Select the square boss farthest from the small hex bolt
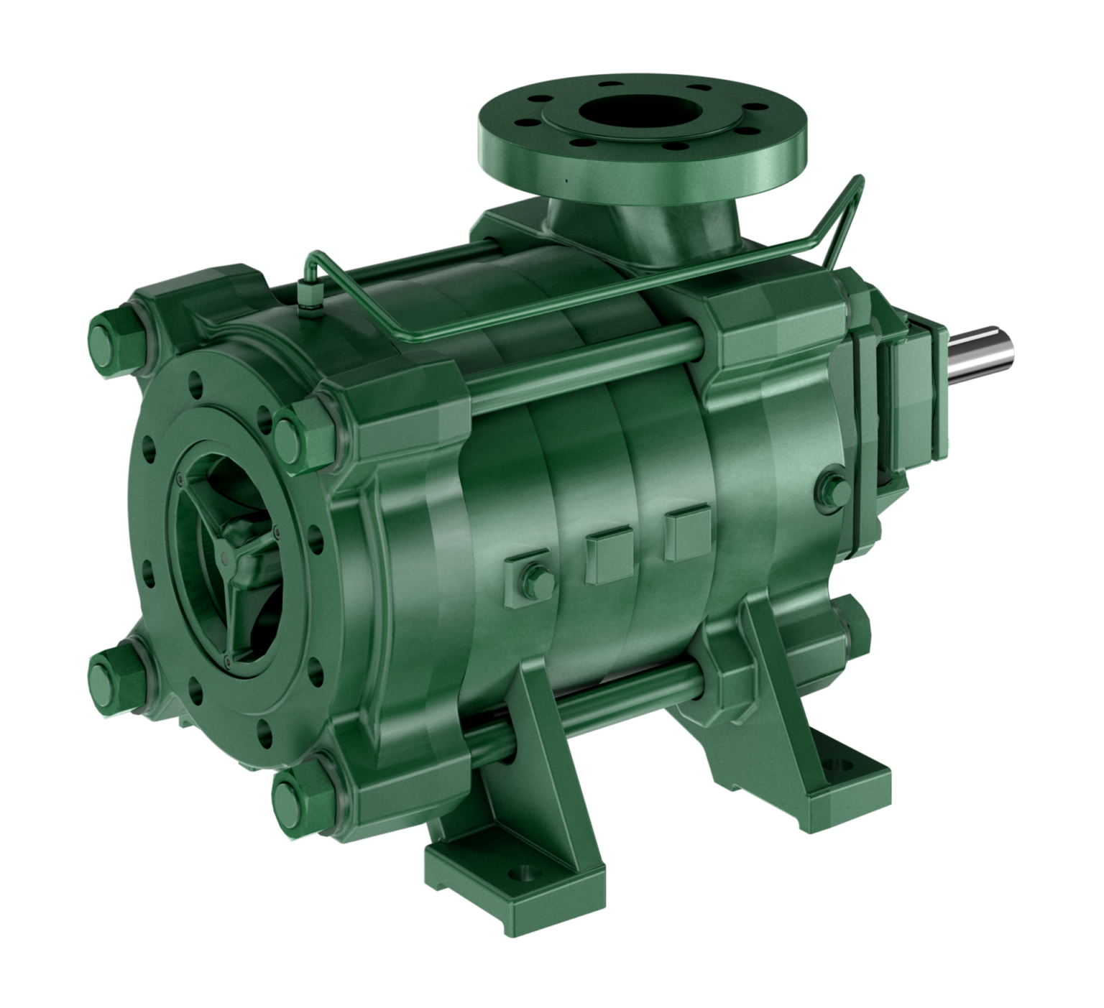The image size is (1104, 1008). coord(687,532)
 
